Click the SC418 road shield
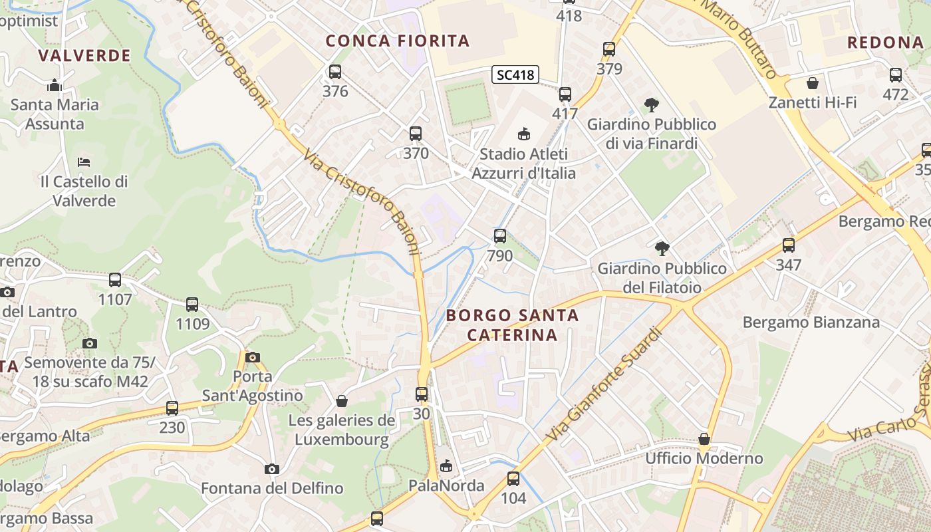pos(515,74)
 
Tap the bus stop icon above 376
pos(335,72)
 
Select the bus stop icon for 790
pos(499,236)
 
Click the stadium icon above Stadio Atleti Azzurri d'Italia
pos(524,134)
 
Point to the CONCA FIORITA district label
pos(398,41)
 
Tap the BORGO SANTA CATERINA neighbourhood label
pos(512,325)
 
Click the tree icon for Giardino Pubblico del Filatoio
pos(662,249)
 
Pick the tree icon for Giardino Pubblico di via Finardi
pos(652,104)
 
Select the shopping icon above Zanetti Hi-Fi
pos(812,83)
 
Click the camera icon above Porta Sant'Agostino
pos(252,357)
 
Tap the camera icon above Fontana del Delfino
pos(271,469)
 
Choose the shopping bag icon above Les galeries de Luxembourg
pos(342,401)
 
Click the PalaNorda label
pos(446,485)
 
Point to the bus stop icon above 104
pos(513,478)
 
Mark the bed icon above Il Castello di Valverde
pos(84,162)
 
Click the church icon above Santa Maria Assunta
pos(55,85)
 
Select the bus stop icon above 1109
pos(192,305)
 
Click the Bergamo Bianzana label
pos(811,323)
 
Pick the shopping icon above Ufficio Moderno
pos(704,439)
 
